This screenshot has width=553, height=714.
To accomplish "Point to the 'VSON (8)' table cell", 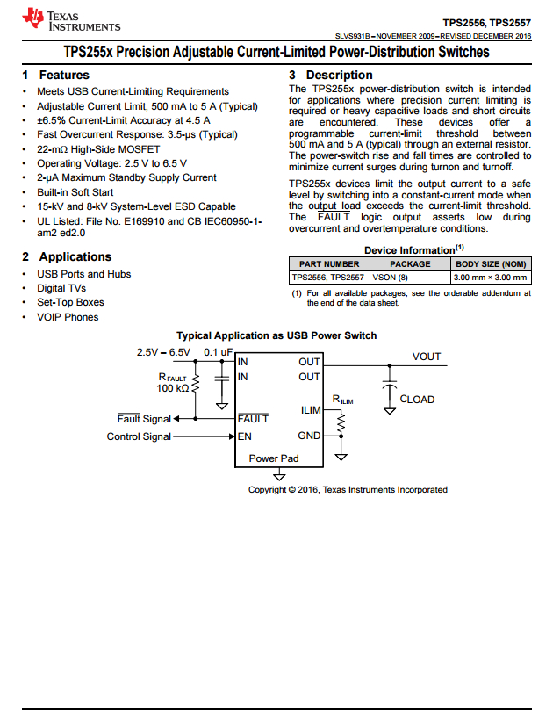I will coord(391,278).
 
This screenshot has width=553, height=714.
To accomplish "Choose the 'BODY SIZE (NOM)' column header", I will coord(491,263).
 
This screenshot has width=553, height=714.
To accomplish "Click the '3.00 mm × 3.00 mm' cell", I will coord(491,278).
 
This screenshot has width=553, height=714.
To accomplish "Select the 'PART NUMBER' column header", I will coord(329,263).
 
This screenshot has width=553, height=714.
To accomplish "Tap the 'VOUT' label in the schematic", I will coord(427,357).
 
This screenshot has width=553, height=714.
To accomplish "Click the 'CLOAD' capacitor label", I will coord(417,400).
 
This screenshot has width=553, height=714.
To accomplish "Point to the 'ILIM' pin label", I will coord(311,410).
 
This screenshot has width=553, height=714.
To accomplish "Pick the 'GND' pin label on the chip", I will coord(309,436).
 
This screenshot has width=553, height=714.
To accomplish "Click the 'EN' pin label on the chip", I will coord(245,436).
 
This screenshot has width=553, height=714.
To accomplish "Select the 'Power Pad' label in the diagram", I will coord(274,458).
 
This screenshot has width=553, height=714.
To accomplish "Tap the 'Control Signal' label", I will coord(139,436).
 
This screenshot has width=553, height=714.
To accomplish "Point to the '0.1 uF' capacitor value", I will coord(219,352).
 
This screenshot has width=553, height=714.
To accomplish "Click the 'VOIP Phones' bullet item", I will coord(68,317).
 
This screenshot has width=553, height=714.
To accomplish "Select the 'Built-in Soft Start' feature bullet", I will coord(75,192).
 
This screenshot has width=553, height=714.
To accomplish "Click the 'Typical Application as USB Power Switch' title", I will coord(276,335).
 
